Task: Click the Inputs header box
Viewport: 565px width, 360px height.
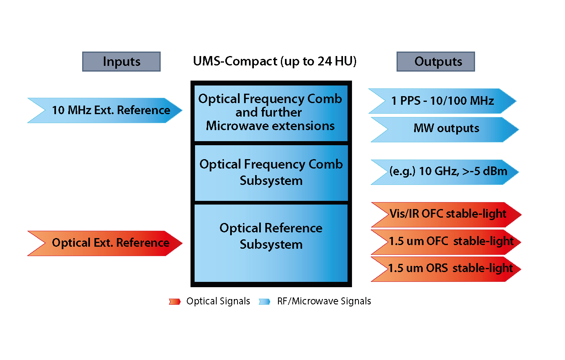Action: (x=121, y=62)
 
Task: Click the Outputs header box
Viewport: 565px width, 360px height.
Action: (x=435, y=62)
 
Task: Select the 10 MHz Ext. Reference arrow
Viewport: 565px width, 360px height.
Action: (x=105, y=110)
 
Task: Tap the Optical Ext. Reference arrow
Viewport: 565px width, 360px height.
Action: (x=105, y=243)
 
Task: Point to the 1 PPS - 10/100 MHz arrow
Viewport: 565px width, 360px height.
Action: (x=442, y=101)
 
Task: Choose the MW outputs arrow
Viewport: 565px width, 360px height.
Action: (x=445, y=130)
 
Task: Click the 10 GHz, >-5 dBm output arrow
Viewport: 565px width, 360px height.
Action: (x=445, y=172)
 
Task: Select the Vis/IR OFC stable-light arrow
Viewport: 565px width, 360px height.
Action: (x=446, y=215)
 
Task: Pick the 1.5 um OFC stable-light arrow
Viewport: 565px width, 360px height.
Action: (x=446, y=242)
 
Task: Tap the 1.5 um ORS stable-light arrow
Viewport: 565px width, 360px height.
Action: (x=446, y=269)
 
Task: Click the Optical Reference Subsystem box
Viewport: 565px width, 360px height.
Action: (x=271, y=243)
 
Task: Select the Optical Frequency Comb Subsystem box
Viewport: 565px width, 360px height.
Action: (x=271, y=173)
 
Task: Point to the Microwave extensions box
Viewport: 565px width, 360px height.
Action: (x=271, y=113)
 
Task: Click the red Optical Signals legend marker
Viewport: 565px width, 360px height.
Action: (x=175, y=301)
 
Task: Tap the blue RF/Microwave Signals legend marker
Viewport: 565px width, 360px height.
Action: (x=265, y=301)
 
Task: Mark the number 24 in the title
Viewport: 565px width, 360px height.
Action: (x=325, y=61)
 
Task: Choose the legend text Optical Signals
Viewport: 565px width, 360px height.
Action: (x=218, y=301)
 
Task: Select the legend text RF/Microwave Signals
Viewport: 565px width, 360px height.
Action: (x=324, y=301)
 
